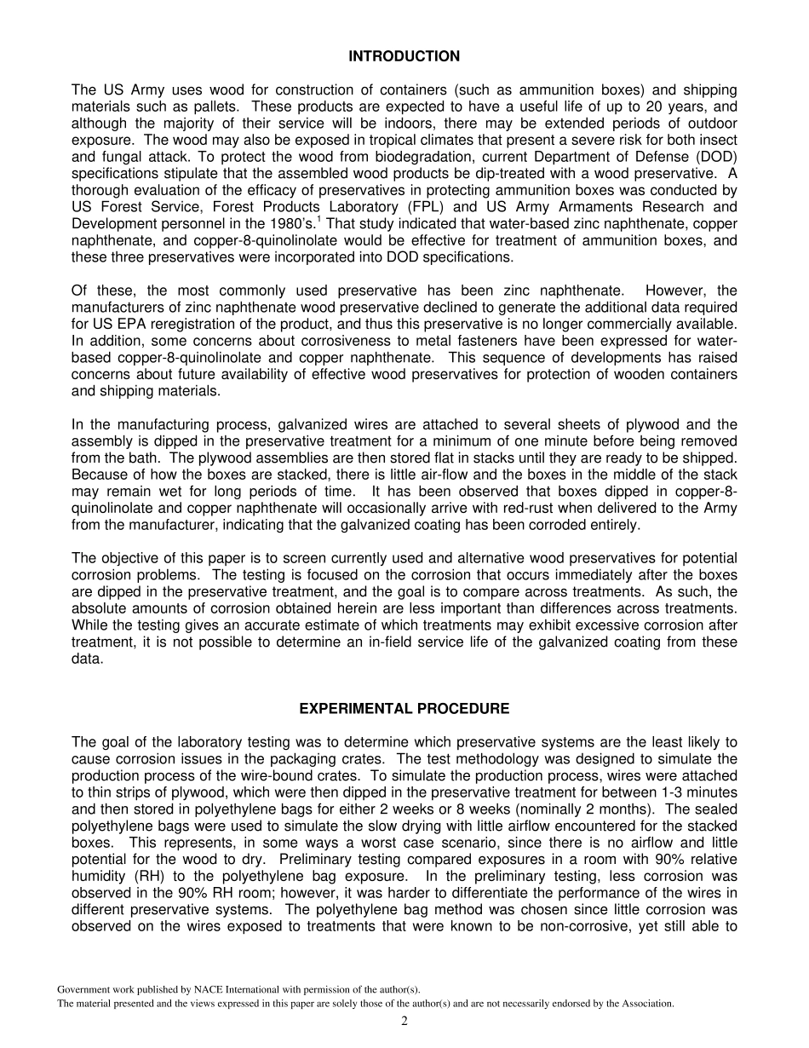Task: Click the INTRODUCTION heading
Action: (404, 56)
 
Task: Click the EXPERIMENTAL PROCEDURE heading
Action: (404, 709)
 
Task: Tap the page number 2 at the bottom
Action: (404, 1022)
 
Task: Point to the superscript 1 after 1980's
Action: (318, 219)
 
